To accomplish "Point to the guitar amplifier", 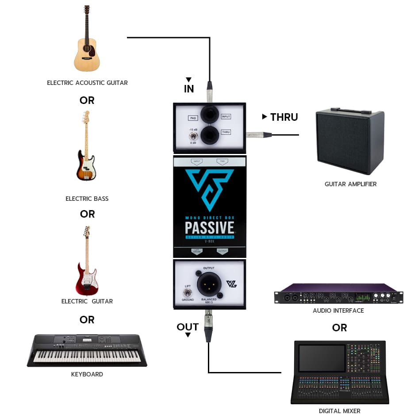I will (x=349, y=142).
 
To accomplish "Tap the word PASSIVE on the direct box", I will (x=209, y=228).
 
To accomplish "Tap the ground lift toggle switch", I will (x=188, y=293).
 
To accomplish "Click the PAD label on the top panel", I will (x=193, y=118).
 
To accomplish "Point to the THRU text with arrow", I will (x=280, y=117).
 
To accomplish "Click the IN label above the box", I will (x=189, y=88).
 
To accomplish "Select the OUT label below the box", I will (x=188, y=327).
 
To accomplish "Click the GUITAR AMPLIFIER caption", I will (x=350, y=184).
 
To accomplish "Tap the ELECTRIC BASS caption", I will (x=87, y=199).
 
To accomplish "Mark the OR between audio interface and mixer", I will (x=339, y=328).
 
